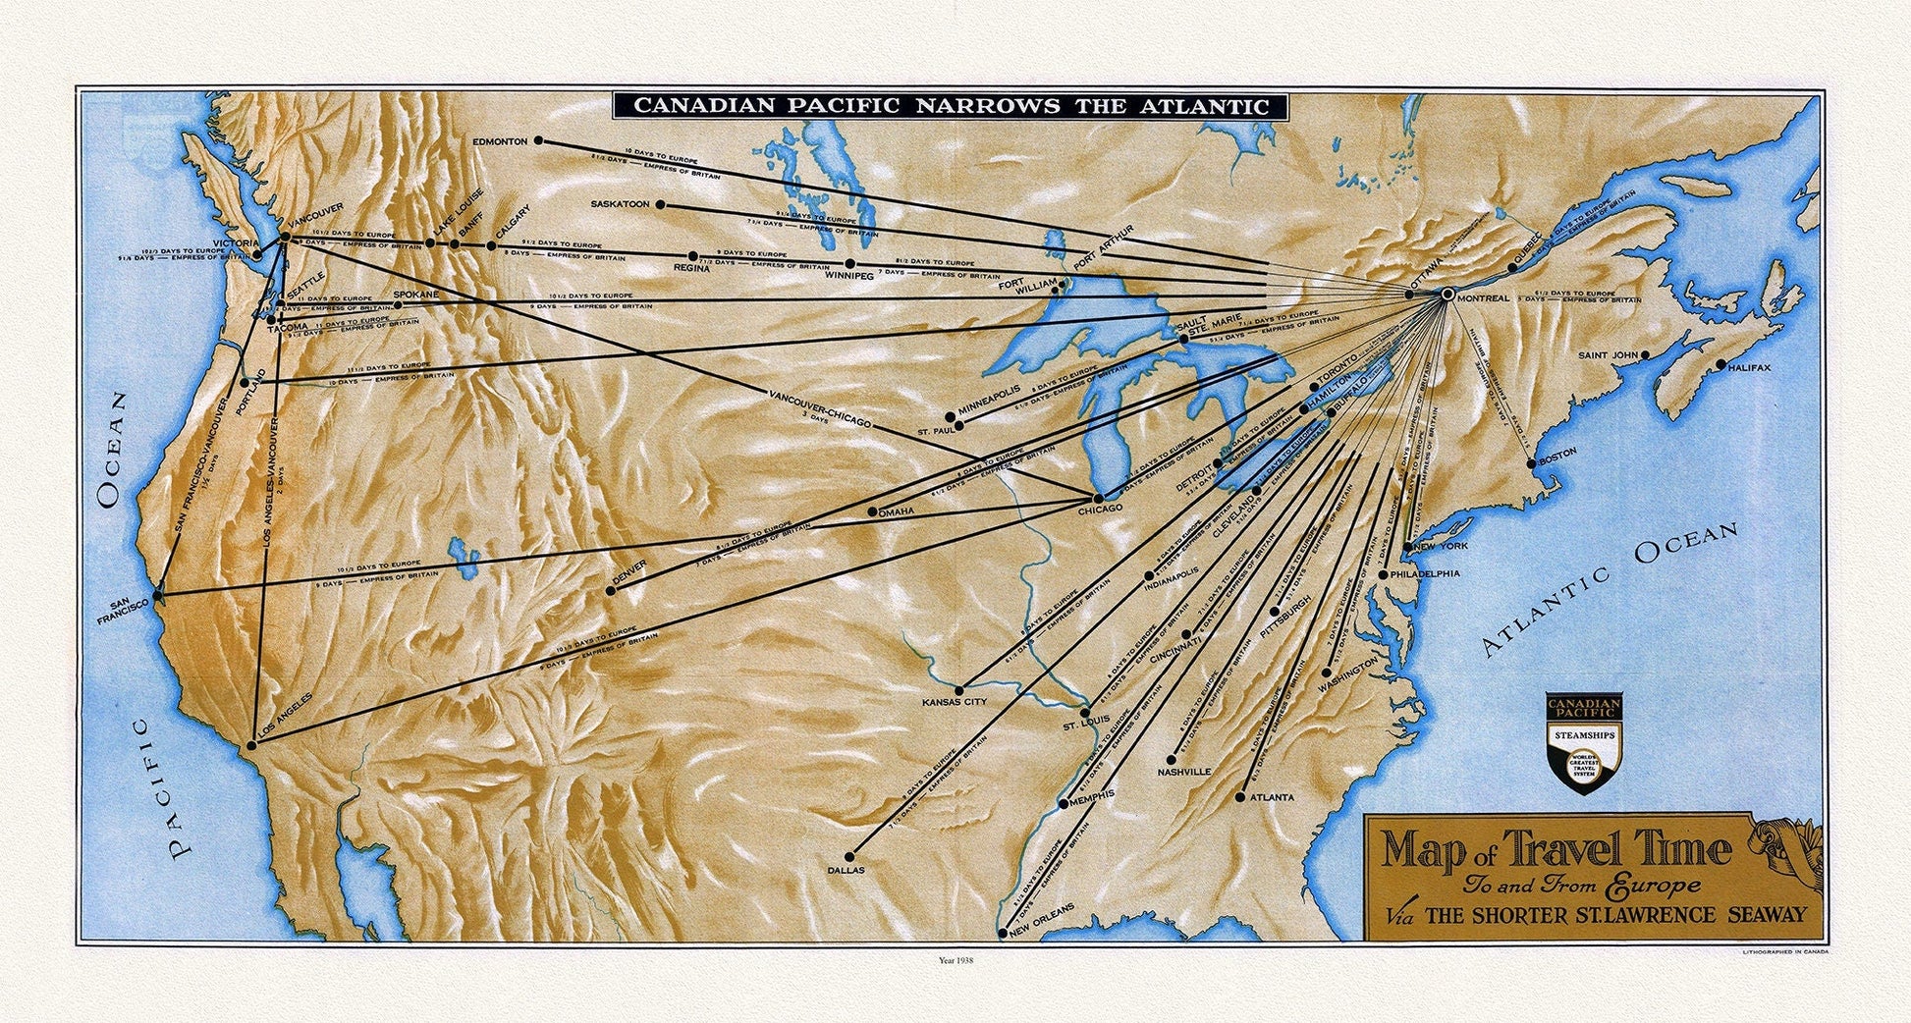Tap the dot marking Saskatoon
[x=661, y=205]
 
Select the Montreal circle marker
[x=1447, y=294]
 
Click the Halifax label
[x=1749, y=368]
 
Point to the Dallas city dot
[x=849, y=856]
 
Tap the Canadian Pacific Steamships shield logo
[x=1584, y=742]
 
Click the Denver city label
[x=628, y=574]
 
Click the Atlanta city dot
[x=1239, y=797]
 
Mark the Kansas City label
[x=954, y=703]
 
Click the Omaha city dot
[x=873, y=512]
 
